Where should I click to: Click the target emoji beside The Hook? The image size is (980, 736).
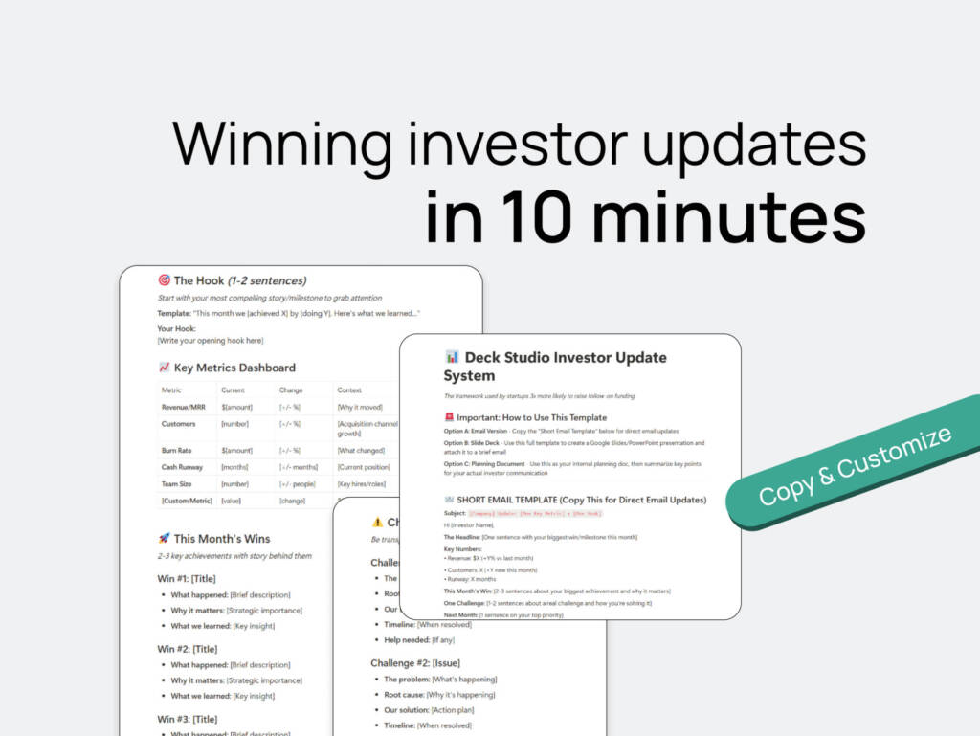(x=164, y=280)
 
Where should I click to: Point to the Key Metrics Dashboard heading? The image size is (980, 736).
(x=234, y=368)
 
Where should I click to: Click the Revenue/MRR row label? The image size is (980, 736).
(x=185, y=407)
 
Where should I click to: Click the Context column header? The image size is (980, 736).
(x=349, y=390)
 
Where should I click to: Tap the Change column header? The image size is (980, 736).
(x=291, y=390)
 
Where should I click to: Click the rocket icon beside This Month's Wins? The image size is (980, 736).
(x=164, y=538)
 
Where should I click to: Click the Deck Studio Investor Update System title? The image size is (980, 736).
(x=555, y=366)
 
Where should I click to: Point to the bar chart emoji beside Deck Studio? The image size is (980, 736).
(x=452, y=358)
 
